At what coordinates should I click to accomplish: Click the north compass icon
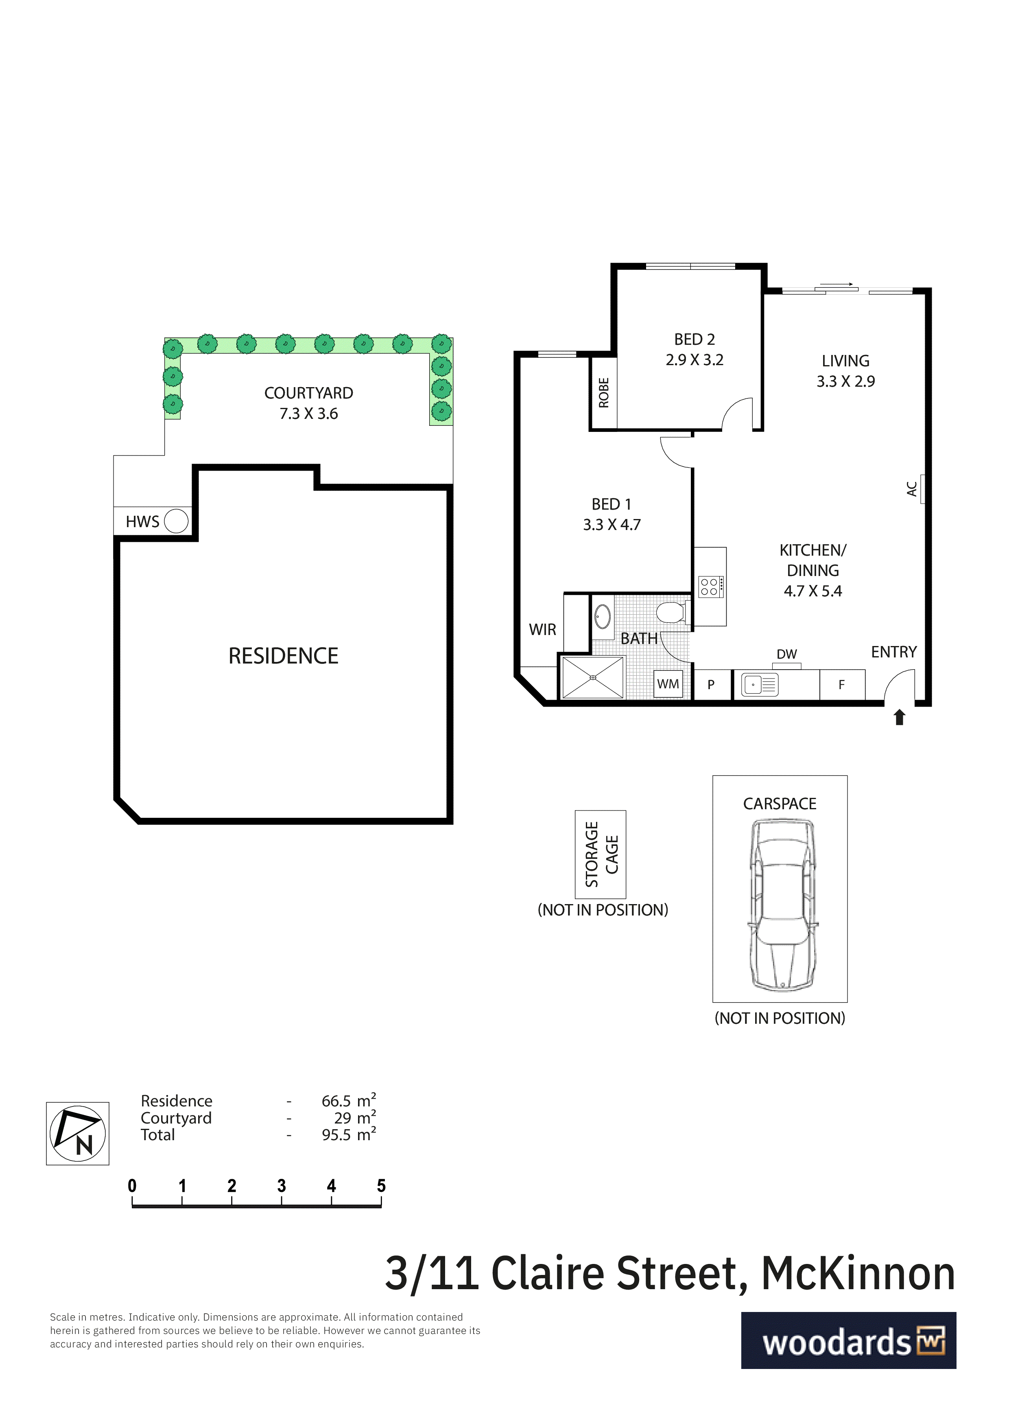point(78,1133)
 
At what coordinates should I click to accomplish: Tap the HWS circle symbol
point(176,521)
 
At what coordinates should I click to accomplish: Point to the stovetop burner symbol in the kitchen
point(711,587)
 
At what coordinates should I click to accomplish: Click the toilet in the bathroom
point(671,612)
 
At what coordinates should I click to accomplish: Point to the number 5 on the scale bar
point(381,1185)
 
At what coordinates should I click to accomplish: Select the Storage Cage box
point(601,854)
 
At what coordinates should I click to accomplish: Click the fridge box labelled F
point(842,685)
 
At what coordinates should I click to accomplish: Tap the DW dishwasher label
point(787,654)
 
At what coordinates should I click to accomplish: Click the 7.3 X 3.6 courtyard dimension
point(309,414)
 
